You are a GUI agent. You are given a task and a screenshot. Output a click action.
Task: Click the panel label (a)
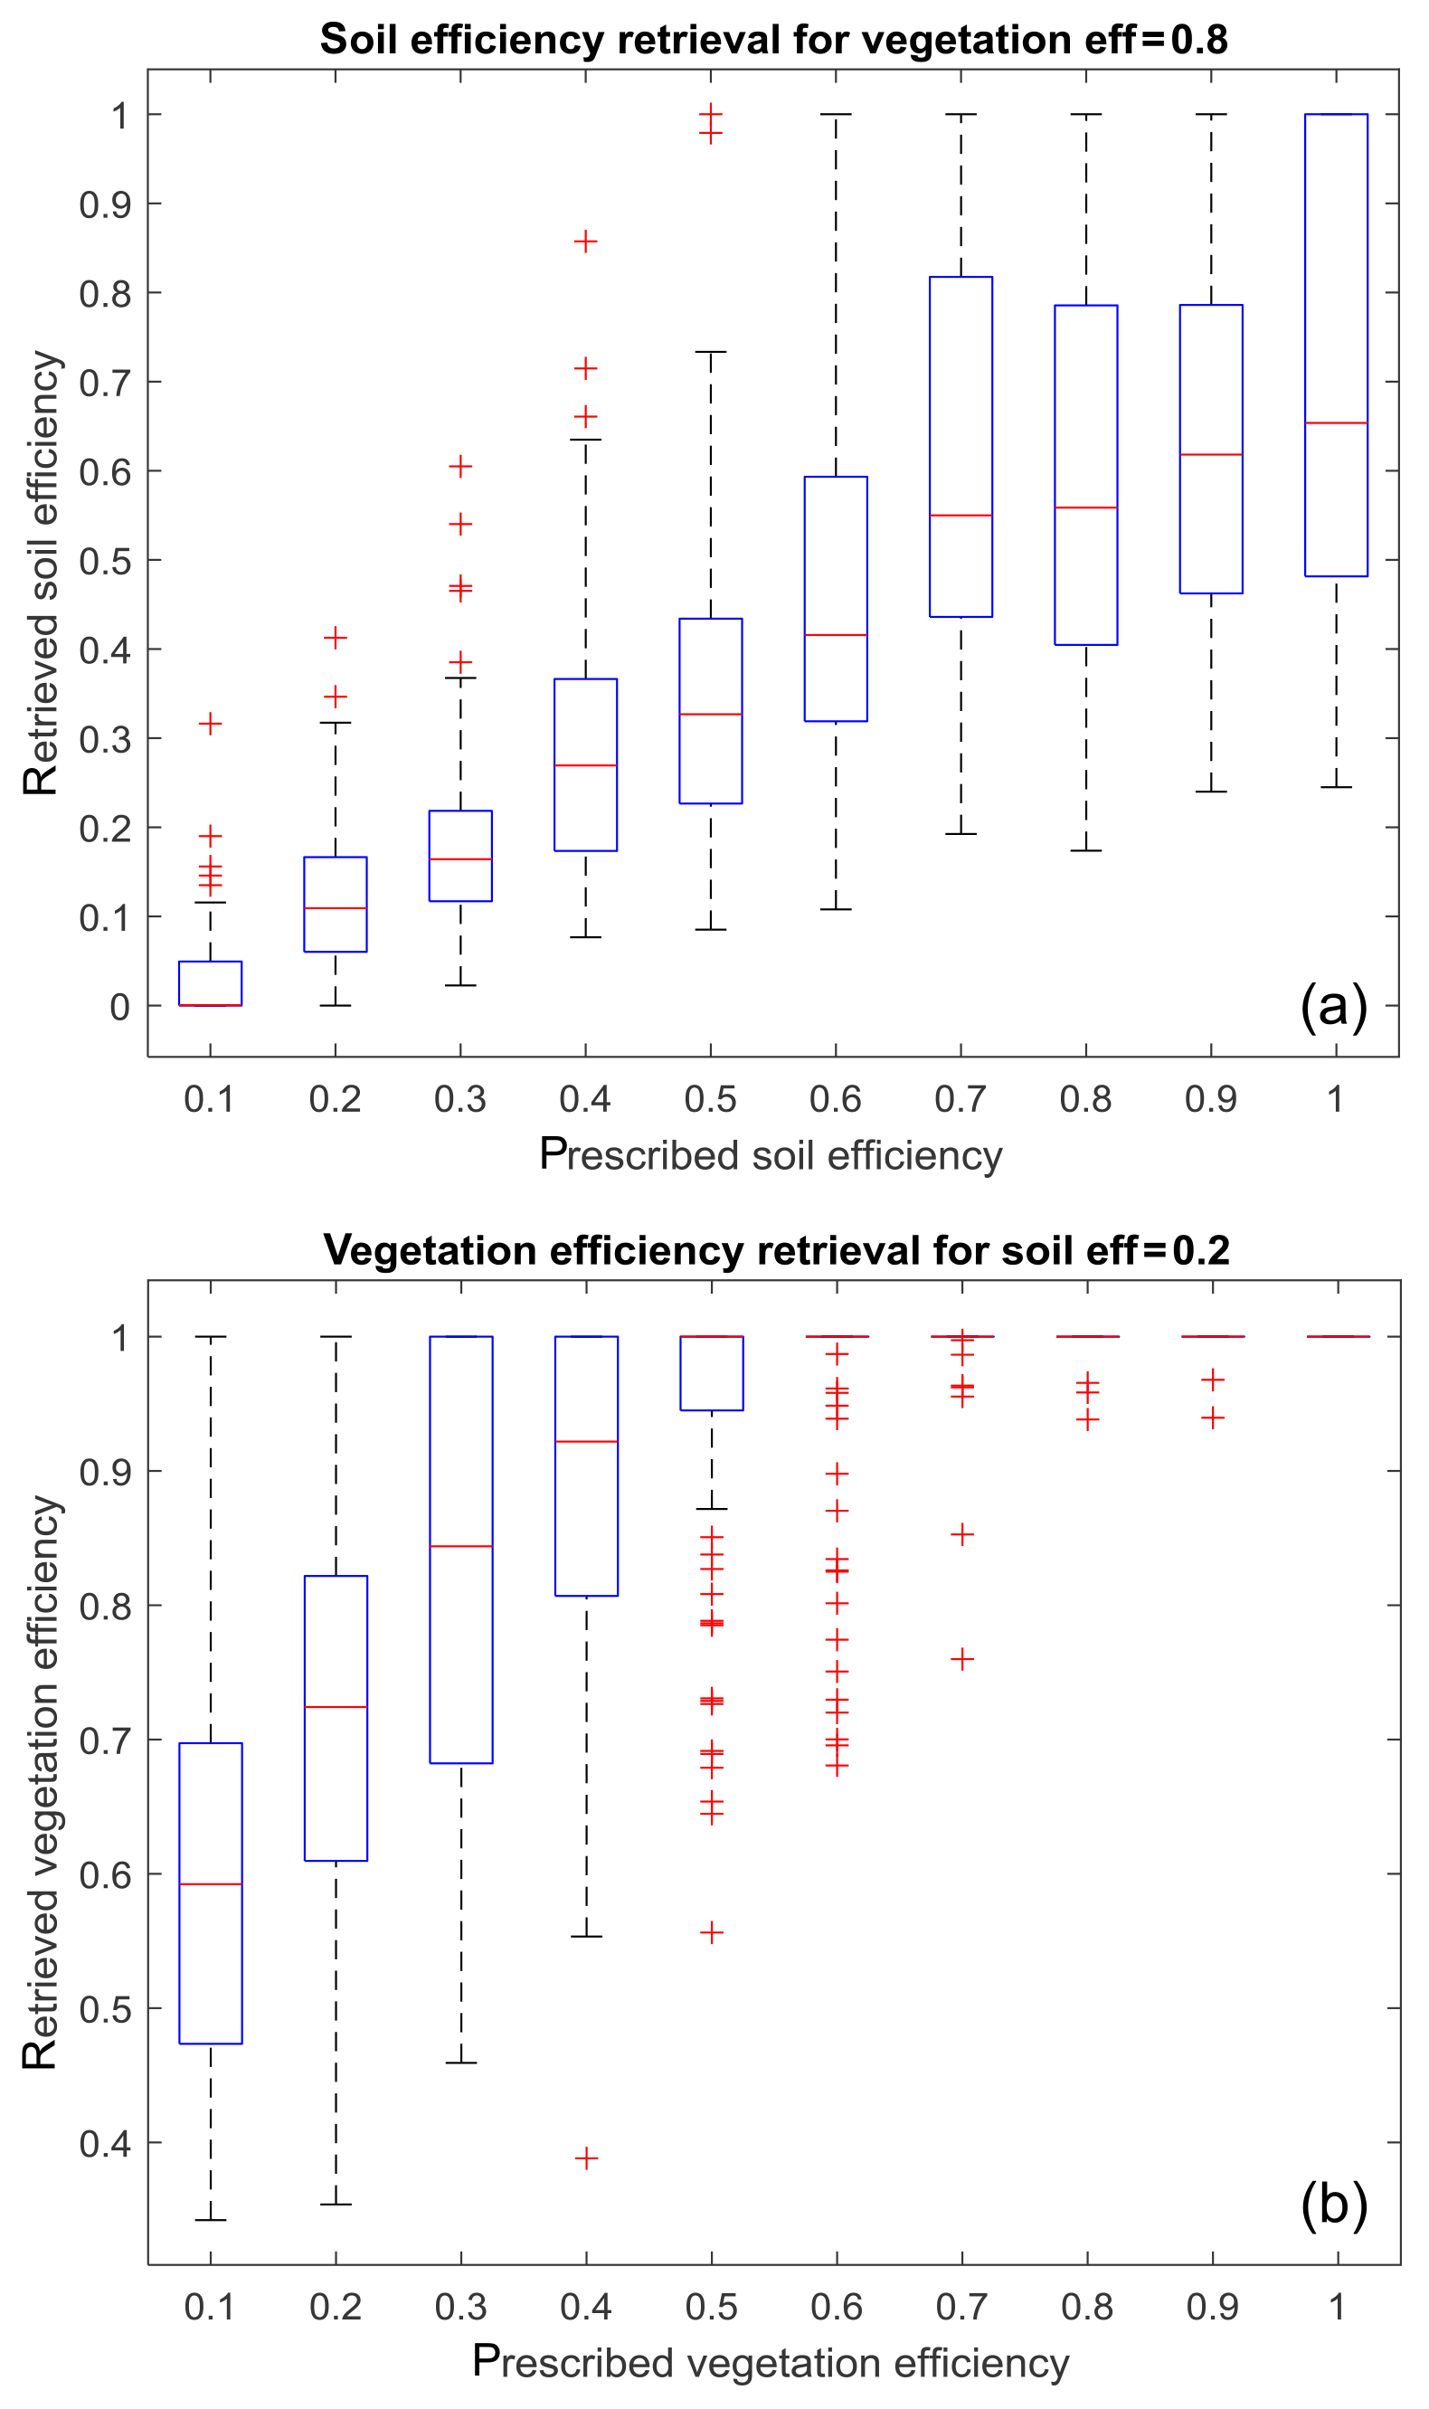point(1333,1007)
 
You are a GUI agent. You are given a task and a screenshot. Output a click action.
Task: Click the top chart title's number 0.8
point(1199,40)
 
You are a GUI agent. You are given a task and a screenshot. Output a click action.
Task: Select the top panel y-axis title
point(42,573)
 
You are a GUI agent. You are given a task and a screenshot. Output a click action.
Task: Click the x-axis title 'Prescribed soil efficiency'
point(771,1154)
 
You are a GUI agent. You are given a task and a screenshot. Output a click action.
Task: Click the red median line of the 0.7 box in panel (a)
point(961,515)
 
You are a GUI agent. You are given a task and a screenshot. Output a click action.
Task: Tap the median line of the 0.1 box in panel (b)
point(211,1884)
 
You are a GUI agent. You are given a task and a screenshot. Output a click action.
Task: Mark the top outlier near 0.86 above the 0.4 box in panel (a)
point(585,242)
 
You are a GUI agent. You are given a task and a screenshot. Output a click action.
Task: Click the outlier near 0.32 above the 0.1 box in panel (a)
point(210,723)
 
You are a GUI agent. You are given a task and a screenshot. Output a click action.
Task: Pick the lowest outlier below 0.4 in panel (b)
point(586,2158)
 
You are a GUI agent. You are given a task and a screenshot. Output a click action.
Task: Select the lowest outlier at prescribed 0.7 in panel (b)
point(962,1659)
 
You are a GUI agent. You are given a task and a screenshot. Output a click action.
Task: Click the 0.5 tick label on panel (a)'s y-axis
point(105,560)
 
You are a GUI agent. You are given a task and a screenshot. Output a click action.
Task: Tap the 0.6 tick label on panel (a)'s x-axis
point(835,1098)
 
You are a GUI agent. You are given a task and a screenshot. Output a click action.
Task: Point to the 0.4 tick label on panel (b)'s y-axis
point(105,2143)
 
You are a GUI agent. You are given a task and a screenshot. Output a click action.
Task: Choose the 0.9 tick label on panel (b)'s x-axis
point(1211,2307)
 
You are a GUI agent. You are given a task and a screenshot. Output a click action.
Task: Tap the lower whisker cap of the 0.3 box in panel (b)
point(461,2063)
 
